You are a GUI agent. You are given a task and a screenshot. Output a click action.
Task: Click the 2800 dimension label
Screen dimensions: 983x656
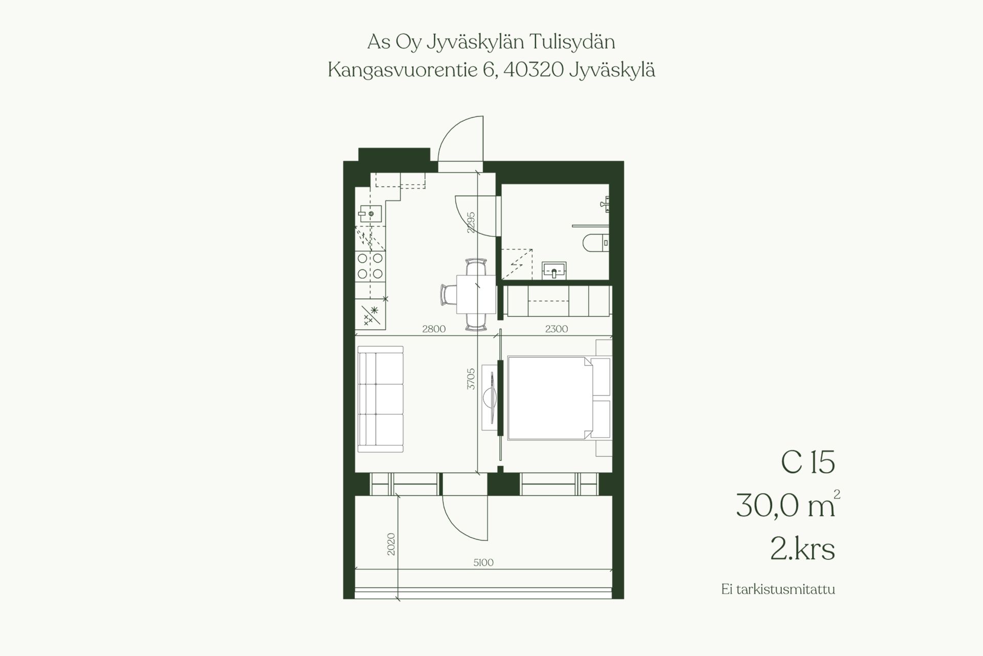[x=434, y=329]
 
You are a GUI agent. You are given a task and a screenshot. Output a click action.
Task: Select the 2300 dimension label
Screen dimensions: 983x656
[x=557, y=329]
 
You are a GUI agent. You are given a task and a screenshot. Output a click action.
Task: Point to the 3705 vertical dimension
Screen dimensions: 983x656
[x=472, y=378]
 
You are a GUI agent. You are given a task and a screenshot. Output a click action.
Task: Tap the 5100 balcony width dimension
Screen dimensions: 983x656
[x=483, y=563]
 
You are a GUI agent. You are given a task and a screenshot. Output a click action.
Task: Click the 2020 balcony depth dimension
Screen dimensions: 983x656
[x=392, y=544]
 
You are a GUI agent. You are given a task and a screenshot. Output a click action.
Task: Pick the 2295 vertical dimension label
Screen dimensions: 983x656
[x=472, y=222]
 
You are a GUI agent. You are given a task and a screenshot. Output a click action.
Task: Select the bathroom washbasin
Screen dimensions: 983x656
[x=554, y=270]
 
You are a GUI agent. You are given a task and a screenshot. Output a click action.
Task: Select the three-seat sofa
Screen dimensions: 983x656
[x=380, y=399]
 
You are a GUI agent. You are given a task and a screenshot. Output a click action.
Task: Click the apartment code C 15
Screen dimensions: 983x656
[x=808, y=462]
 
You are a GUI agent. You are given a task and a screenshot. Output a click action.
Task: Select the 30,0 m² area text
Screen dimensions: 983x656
[x=788, y=505]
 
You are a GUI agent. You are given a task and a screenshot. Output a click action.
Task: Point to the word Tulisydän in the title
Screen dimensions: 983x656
[x=572, y=43]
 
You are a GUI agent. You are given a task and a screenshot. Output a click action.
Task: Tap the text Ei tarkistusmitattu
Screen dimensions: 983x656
[x=778, y=589]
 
